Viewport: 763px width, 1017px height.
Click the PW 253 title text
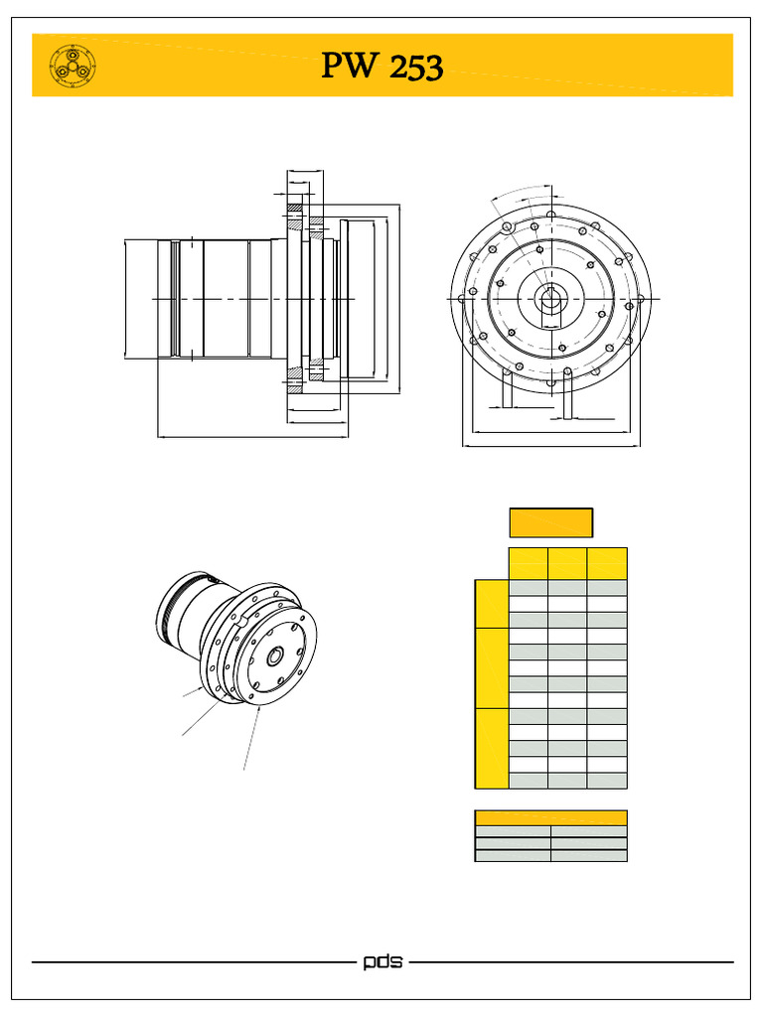[381, 67]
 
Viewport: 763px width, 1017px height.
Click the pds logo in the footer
[382, 962]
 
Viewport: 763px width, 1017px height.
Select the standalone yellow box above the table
[550, 522]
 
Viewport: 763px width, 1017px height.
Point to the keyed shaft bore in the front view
[549, 298]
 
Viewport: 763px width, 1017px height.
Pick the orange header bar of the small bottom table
[550, 817]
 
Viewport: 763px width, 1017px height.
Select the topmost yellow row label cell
[491, 604]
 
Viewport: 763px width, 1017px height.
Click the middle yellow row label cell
[491, 667]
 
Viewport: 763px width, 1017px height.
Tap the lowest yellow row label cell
[491, 748]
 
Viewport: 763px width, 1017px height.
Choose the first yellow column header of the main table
[528, 563]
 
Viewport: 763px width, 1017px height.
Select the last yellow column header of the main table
[606, 563]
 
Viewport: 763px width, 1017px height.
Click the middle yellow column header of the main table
[567, 563]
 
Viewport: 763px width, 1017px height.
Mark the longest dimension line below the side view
[252, 435]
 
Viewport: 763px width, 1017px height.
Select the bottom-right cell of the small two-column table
[589, 855]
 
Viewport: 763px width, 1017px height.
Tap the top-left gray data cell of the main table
[528, 588]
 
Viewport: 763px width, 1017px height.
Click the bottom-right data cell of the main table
[606, 781]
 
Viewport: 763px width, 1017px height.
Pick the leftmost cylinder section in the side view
[140, 298]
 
